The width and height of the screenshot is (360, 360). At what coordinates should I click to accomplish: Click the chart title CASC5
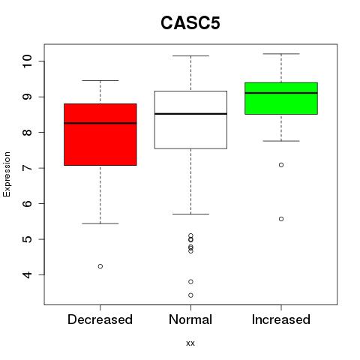190,23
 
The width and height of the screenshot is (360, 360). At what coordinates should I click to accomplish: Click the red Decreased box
100,134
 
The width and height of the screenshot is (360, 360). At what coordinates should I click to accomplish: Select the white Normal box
190,120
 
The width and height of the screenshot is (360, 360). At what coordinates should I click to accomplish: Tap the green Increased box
281,98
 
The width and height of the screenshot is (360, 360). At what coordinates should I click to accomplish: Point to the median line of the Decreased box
100,123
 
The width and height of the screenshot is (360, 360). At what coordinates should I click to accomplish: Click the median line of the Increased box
281,93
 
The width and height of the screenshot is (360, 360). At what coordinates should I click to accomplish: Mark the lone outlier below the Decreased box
100,266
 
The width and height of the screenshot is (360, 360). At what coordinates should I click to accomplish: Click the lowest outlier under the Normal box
190,295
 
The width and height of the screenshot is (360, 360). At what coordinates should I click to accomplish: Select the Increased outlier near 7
281,165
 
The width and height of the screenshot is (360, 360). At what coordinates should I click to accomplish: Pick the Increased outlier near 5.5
281,219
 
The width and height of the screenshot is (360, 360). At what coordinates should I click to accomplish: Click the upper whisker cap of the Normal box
190,55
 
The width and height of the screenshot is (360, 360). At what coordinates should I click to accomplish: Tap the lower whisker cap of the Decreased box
100,223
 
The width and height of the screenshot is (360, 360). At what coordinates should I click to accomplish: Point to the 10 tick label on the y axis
27,61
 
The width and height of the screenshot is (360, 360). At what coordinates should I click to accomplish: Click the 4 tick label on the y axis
27,275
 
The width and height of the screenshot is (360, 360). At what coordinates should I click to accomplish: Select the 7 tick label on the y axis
27,168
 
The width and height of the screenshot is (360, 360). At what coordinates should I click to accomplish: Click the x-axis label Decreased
100,319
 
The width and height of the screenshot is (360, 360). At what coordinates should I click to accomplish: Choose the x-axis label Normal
190,319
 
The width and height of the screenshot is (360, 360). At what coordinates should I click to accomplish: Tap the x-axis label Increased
281,319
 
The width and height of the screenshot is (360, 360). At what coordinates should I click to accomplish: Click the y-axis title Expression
7,174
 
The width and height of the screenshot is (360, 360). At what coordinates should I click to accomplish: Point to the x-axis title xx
190,343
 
